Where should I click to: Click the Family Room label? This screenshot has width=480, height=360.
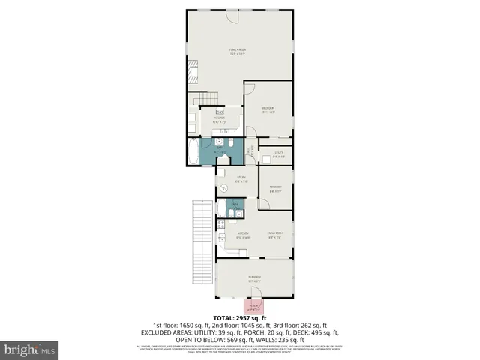[238, 52]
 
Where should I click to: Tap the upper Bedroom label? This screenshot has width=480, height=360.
[268, 110]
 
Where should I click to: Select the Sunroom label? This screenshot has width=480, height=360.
[254, 279]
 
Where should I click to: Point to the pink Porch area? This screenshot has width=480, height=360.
[254, 307]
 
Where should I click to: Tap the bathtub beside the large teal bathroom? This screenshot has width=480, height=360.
[194, 153]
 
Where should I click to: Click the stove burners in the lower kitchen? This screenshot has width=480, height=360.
[220, 223]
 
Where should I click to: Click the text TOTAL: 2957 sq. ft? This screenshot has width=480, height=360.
[240, 319]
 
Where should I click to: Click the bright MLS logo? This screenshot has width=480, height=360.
[30, 349]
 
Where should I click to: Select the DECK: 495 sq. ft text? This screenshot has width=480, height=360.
[311, 332]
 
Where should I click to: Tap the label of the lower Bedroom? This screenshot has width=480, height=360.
[275, 189]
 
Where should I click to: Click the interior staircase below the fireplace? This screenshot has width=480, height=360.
[207, 99]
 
